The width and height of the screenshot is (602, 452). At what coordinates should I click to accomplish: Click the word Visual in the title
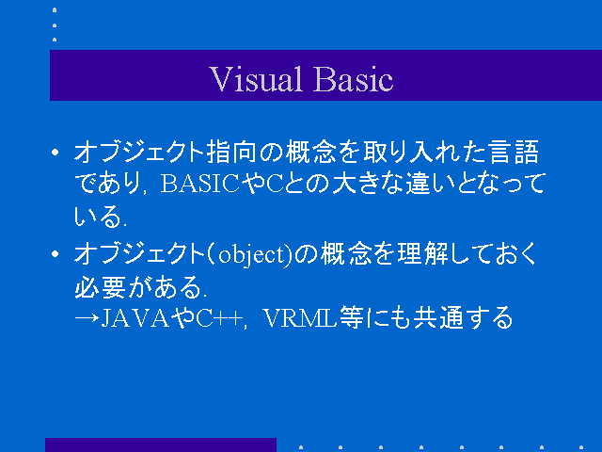pyautogui.click(x=255, y=79)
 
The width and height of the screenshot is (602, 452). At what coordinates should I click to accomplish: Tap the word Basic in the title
pyautogui.click(x=354, y=79)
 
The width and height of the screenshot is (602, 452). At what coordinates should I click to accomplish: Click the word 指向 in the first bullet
pyautogui.click(x=231, y=152)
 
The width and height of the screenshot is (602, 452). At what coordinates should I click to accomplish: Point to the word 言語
pyautogui.click(x=515, y=152)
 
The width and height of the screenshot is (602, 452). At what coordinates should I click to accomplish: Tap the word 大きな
pyautogui.click(x=368, y=184)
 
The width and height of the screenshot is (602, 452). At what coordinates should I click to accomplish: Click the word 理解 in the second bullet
pyautogui.click(x=422, y=253)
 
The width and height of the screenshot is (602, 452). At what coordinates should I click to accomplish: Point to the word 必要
pyautogui.click(x=100, y=286)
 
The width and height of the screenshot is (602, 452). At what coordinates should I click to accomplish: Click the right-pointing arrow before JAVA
pyautogui.click(x=87, y=318)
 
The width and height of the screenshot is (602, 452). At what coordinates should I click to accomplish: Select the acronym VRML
pyautogui.click(x=301, y=318)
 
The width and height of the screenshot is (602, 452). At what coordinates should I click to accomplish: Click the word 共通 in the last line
pyautogui.click(x=438, y=317)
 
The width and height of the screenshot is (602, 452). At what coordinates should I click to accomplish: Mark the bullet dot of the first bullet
pyautogui.click(x=55, y=153)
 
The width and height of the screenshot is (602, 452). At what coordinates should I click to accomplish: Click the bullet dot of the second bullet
pyautogui.click(x=55, y=254)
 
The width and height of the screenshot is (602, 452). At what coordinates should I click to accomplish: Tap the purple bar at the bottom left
pyautogui.click(x=161, y=444)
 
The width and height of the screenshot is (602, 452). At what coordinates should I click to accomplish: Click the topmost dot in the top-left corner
pyautogui.click(x=55, y=10)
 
